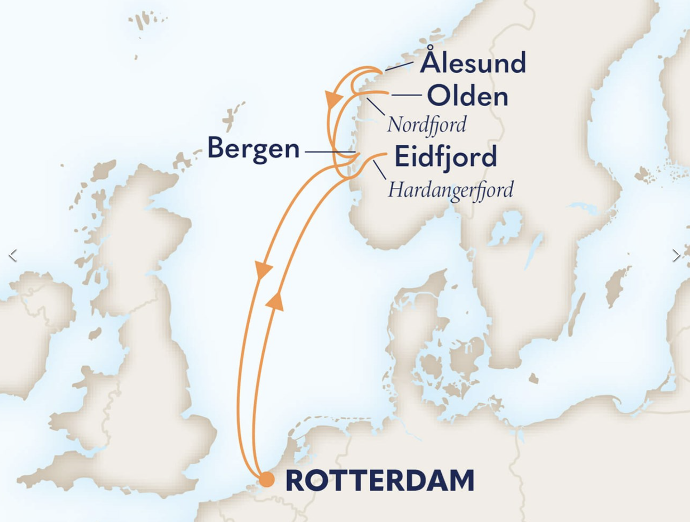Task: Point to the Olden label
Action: [x=467, y=96]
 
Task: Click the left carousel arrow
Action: [x=13, y=255]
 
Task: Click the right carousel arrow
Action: [x=676, y=255]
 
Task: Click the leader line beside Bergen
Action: [x=329, y=152]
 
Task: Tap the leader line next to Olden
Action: [x=407, y=95]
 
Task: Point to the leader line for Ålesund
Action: [x=399, y=66]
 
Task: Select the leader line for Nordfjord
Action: [x=375, y=106]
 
